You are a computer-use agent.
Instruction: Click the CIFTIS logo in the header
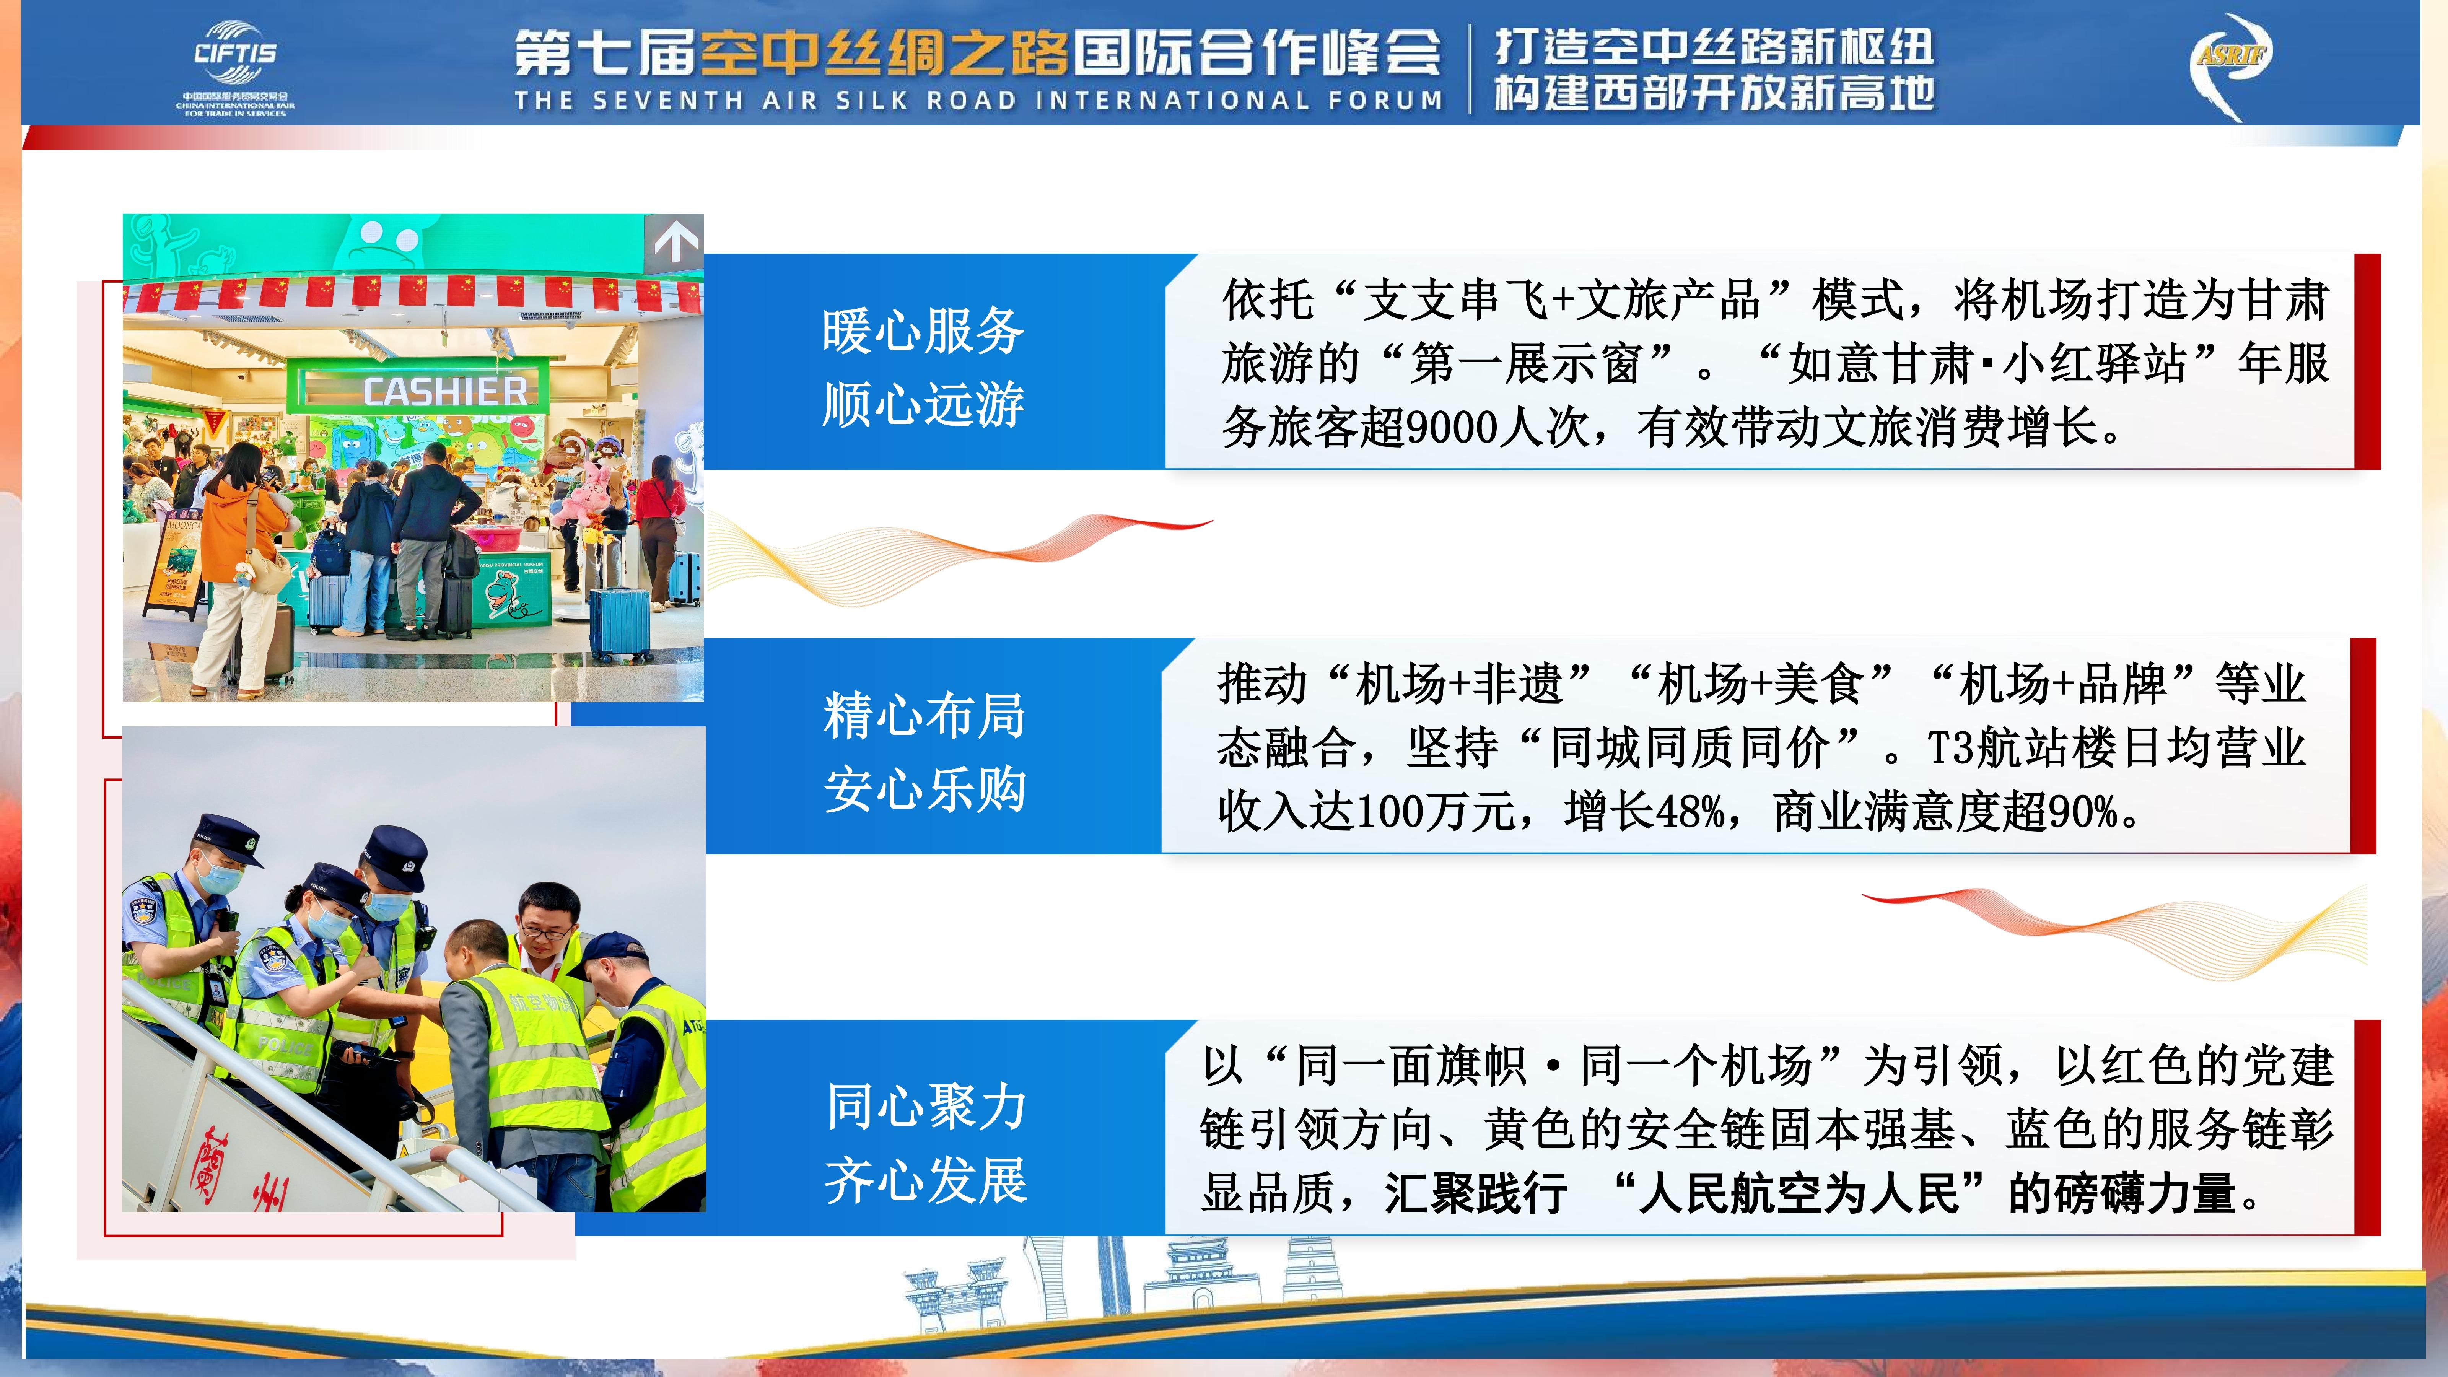click(235, 68)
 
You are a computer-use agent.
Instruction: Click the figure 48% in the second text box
click(1691, 812)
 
